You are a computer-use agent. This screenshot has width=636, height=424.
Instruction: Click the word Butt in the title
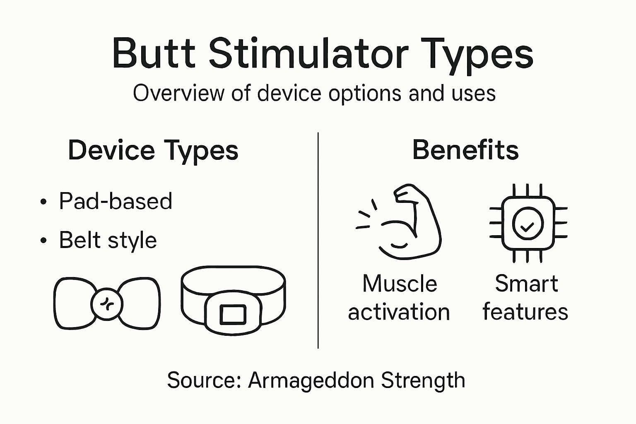pos(154,54)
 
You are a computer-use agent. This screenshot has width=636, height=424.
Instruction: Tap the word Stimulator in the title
pos(308,54)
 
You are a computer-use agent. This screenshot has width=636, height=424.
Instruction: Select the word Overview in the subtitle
pos(179,93)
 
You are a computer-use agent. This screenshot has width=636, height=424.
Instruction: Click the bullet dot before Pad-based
pos(43,202)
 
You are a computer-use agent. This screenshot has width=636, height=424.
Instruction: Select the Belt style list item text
pos(108,240)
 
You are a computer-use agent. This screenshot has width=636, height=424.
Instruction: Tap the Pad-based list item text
pos(116,201)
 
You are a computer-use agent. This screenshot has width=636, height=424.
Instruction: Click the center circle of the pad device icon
pos(107,304)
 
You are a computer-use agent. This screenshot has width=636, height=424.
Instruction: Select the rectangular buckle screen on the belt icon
pos(233,314)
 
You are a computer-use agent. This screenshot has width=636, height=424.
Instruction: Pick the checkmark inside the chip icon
pos(527,226)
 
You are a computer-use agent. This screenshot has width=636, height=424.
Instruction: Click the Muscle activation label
pos(399,298)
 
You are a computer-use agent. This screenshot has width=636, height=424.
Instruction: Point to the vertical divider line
pos(318,240)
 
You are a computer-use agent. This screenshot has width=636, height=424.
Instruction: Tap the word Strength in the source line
pos(423,380)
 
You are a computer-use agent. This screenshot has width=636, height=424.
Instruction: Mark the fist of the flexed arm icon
pos(408,193)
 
